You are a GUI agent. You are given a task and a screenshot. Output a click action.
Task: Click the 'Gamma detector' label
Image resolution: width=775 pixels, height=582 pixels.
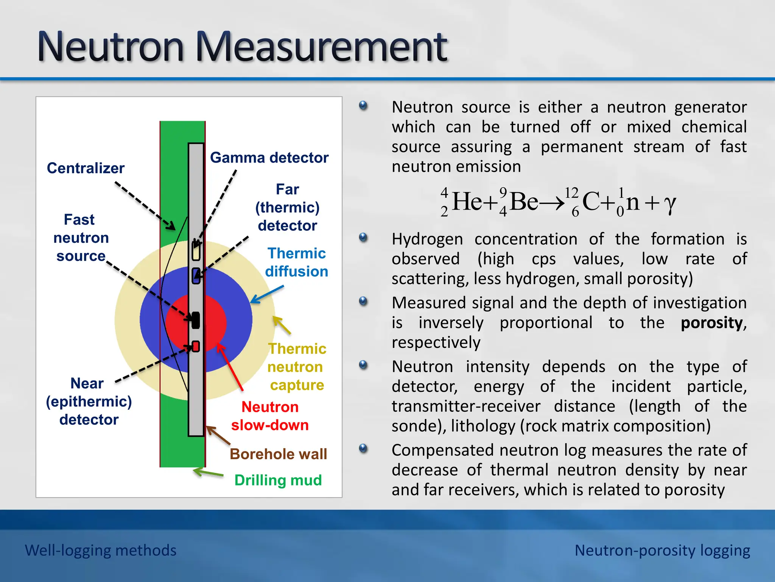(269, 158)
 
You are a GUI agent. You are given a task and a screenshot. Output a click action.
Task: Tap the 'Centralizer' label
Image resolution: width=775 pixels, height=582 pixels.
(86, 168)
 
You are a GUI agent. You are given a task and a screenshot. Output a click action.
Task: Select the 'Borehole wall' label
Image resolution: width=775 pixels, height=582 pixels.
(278, 454)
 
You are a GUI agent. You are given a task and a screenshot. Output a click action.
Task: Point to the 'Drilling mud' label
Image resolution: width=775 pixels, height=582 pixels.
(278, 480)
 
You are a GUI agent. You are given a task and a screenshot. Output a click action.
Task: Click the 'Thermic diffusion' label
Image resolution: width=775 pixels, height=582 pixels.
(296, 262)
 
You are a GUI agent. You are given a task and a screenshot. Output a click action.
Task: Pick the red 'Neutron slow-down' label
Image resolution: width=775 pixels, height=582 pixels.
(270, 416)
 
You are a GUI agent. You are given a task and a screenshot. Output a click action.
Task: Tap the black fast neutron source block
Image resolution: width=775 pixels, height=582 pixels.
(196, 320)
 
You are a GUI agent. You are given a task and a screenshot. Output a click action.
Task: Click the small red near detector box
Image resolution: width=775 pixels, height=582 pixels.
(196, 346)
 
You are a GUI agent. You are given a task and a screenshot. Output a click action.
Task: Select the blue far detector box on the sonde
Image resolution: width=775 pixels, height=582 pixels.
(196, 276)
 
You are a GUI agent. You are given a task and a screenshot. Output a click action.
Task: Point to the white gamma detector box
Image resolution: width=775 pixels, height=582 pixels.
(196, 251)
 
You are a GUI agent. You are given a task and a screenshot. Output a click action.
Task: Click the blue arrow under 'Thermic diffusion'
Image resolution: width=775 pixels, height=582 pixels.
(267, 294)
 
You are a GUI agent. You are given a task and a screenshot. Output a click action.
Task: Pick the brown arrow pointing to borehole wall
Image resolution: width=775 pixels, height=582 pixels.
(218, 436)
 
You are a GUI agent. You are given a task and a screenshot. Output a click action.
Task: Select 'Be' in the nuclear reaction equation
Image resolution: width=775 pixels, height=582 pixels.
(524, 202)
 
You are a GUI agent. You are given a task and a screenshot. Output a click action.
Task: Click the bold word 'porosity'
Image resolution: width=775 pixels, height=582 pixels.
(711, 323)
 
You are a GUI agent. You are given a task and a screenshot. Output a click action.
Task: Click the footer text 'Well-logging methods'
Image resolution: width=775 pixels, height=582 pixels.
(101, 550)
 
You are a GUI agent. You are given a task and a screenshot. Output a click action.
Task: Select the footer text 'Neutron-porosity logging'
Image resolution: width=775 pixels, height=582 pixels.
(662, 550)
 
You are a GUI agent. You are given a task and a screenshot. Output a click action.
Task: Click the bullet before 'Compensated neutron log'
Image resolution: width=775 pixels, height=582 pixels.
(363, 449)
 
